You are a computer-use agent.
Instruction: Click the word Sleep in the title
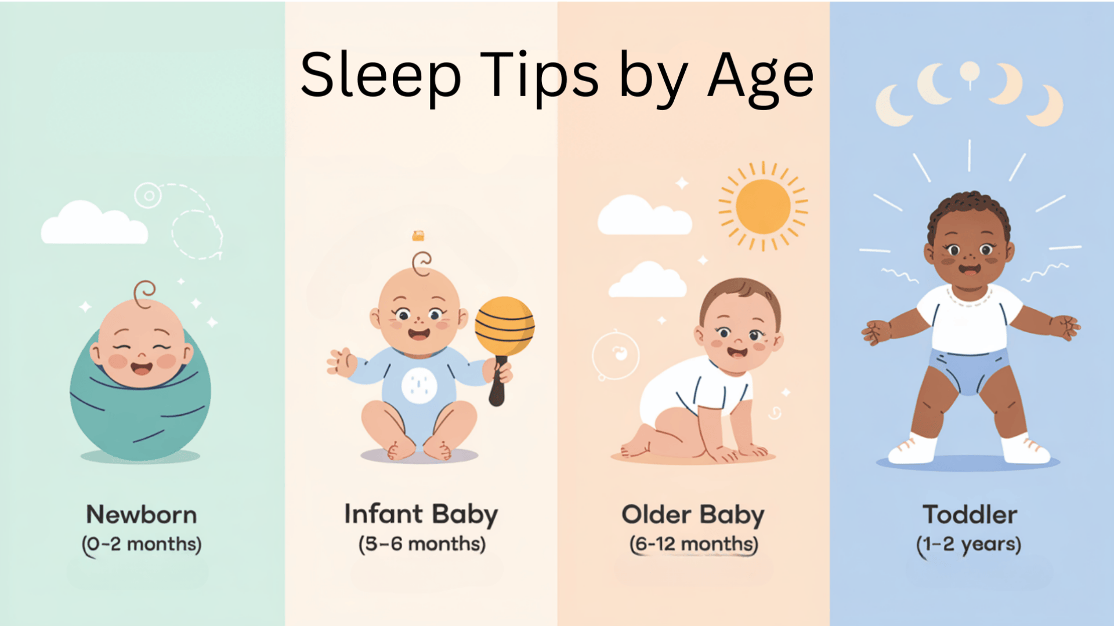[x=381, y=76]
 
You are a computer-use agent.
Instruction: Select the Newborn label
[x=142, y=515]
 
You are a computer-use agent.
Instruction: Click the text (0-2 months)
[x=142, y=545]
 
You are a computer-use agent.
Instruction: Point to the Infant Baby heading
[x=421, y=515]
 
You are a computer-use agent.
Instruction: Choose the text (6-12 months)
[x=694, y=544]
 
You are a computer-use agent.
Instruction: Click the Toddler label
[x=970, y=515]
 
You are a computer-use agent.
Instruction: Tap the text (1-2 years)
[x=969, y=545]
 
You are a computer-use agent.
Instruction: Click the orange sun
[x=763, y=206]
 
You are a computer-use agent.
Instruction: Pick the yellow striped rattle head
[x=505, y=326]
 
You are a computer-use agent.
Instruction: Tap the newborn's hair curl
[x=144, y=293]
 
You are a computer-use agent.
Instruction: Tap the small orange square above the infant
[x=418, y=235]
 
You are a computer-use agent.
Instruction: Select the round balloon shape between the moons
[x=970, y=72]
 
